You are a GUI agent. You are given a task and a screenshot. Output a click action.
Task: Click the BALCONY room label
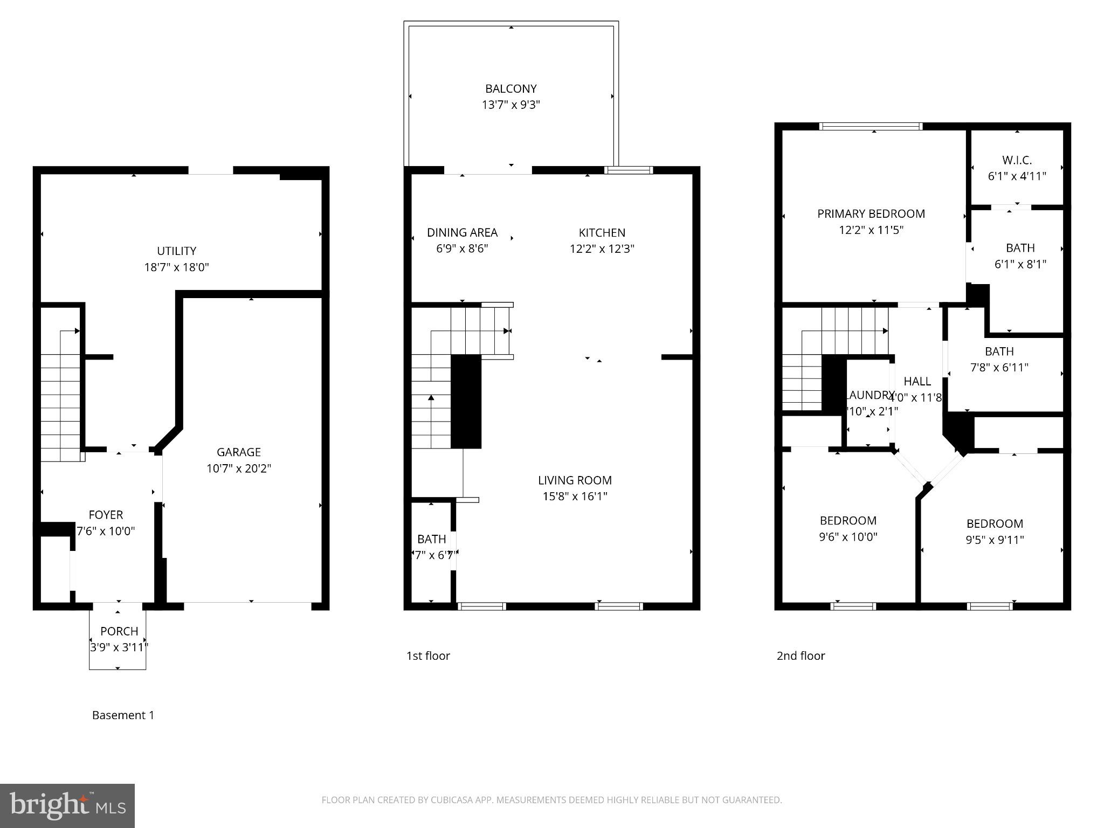pos(510,88)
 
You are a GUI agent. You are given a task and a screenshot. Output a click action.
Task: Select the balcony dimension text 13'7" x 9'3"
pos(510,105)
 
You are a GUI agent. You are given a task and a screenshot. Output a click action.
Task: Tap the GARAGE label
pos(238,452)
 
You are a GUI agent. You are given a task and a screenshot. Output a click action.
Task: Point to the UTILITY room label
pos(176,251)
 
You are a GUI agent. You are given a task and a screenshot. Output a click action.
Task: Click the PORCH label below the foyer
pos(119,631)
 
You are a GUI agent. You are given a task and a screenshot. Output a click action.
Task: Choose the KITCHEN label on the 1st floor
pos(602,233)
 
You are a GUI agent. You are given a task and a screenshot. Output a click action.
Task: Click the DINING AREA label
pos(462,232)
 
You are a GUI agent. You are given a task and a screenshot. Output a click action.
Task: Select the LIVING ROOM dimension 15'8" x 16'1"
pos(575,496)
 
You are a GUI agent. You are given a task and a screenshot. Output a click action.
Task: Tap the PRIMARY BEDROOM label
pos(871,214)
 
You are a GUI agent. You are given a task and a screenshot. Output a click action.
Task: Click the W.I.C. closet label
pos(1017,160)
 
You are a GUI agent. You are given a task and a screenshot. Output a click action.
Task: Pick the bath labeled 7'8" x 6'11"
pos(999,360)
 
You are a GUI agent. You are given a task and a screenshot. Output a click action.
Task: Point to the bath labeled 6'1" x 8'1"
pos(1020,256)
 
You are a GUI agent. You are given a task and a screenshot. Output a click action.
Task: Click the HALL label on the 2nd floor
pos(917,382)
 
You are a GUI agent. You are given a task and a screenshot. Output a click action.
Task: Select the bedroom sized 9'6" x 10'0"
pos(848,529)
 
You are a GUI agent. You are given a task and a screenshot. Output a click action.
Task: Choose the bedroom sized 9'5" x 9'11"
pos(995,532)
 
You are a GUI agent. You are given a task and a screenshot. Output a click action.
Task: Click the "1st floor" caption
pos(428,656)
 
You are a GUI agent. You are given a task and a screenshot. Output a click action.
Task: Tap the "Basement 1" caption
pos(123,715)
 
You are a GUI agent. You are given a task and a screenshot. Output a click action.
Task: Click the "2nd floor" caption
pos(801,656)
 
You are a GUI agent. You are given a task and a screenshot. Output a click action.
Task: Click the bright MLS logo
pos(67,805)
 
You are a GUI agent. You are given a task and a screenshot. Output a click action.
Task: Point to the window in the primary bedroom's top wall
pos(871,127)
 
